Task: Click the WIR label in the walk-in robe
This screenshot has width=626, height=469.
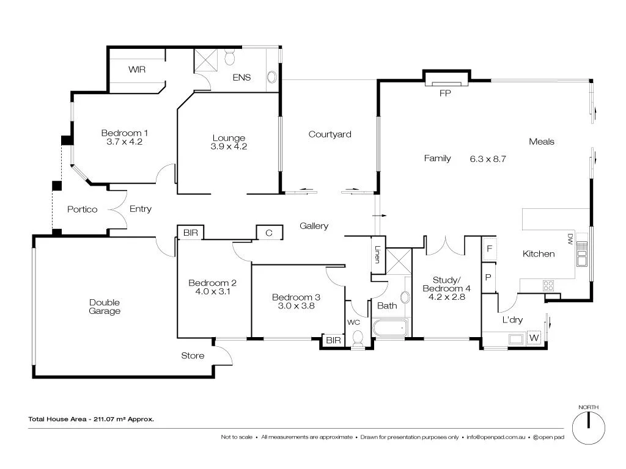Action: point(137,70)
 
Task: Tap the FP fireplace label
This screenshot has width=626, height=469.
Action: point(445,94)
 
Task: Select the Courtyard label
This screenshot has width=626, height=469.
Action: point(330,134)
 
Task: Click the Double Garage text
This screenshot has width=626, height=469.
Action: point(105,307)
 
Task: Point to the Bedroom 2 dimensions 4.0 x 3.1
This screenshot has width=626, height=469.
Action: point(213,291)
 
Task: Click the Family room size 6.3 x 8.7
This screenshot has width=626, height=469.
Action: point(488,159)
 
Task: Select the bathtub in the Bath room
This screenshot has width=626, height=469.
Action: point(389,329)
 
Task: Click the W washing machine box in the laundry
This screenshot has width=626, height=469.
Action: point(534,338)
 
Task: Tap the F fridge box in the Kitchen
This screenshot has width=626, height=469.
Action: point(489,249)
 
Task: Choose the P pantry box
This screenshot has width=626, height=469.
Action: point(488,278)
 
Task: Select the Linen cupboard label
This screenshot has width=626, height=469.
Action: point(378,254)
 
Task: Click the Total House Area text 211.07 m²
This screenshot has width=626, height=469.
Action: point(91,419)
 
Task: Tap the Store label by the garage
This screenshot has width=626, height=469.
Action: point(193,356)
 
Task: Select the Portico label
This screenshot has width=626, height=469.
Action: point(83,209)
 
